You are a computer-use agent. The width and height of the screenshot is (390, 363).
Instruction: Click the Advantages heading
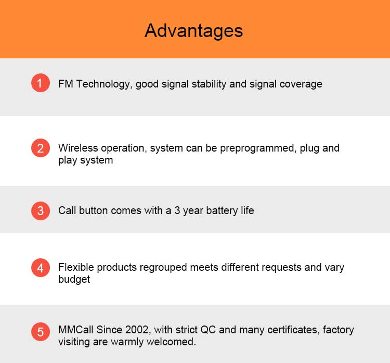[194, 31]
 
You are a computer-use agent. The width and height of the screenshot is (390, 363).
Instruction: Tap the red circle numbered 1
[41, 83]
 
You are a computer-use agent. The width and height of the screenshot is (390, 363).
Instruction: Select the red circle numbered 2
[41, 148]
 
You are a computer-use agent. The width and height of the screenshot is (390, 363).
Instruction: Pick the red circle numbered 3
[41, 211]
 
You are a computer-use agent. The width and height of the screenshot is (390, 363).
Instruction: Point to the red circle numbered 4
[41, 268]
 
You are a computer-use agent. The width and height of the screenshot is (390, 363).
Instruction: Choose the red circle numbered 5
[41, 332]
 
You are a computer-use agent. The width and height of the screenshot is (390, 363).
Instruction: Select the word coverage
[301, 84]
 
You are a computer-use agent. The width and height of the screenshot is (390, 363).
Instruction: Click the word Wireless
[78, 148]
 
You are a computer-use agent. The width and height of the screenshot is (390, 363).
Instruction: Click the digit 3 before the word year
[177, 210]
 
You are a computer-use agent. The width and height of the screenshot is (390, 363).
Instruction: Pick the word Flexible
[76, 267]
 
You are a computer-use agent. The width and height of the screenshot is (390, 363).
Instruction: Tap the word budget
[74, 280]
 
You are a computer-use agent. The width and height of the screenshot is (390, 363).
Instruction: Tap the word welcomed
[171, 342]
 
